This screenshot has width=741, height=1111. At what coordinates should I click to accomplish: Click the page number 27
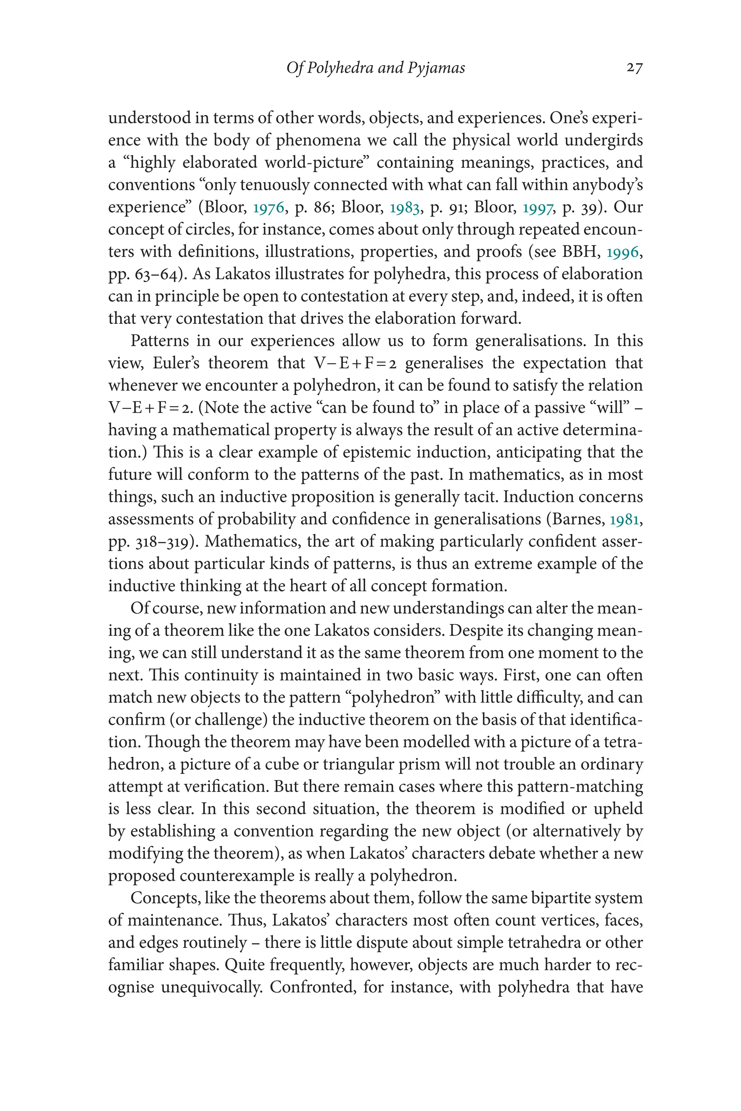coord(634,68)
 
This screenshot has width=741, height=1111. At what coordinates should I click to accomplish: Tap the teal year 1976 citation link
coord(268,207)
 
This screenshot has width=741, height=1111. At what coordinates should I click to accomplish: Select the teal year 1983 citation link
coord(405,207)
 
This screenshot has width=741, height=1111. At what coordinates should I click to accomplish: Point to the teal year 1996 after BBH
coord(623,252)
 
